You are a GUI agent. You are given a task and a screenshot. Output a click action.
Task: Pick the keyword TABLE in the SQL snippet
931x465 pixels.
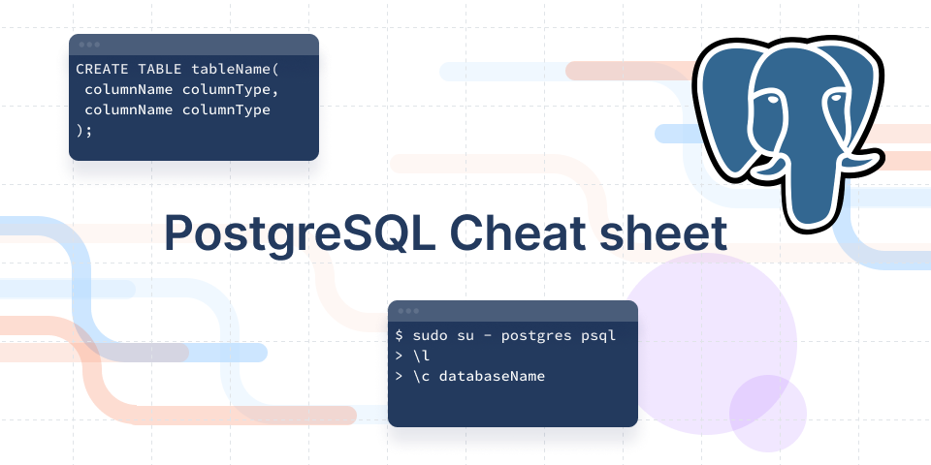(160, 70)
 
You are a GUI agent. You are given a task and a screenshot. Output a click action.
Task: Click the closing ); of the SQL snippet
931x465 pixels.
(84, 131)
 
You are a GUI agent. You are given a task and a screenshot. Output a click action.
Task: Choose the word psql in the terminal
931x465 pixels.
(598, 335)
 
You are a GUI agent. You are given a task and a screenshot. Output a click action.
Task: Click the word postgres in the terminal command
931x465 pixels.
(536, 335)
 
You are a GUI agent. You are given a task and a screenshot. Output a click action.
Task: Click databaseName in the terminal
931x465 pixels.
(492, 375)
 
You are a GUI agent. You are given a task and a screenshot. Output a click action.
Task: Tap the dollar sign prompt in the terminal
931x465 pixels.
(400, 335)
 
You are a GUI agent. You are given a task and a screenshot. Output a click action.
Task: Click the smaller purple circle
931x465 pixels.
(768, 413)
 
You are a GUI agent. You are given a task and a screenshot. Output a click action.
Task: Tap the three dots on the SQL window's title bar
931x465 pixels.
(89, 45)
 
